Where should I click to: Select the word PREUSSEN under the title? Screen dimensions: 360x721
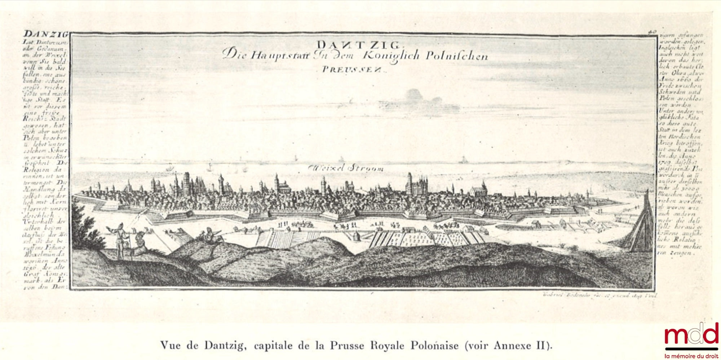pos(354,70)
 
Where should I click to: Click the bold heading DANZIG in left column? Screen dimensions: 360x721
pos(45,35)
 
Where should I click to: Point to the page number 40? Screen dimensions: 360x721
pos(652,32)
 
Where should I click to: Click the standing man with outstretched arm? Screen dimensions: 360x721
pos(120,238)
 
